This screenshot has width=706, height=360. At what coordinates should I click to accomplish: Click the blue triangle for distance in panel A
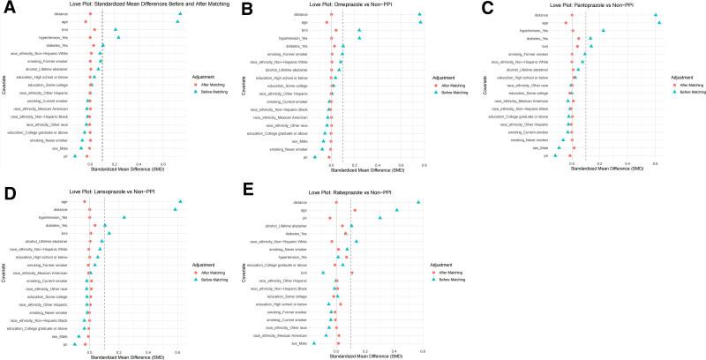180,15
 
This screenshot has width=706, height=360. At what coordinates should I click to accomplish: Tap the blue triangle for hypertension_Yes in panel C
604,31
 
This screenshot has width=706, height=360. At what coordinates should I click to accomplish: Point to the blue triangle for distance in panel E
418,202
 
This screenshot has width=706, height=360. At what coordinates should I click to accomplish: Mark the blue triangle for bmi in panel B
360,30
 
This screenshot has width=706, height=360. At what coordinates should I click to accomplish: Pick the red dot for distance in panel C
569,15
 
